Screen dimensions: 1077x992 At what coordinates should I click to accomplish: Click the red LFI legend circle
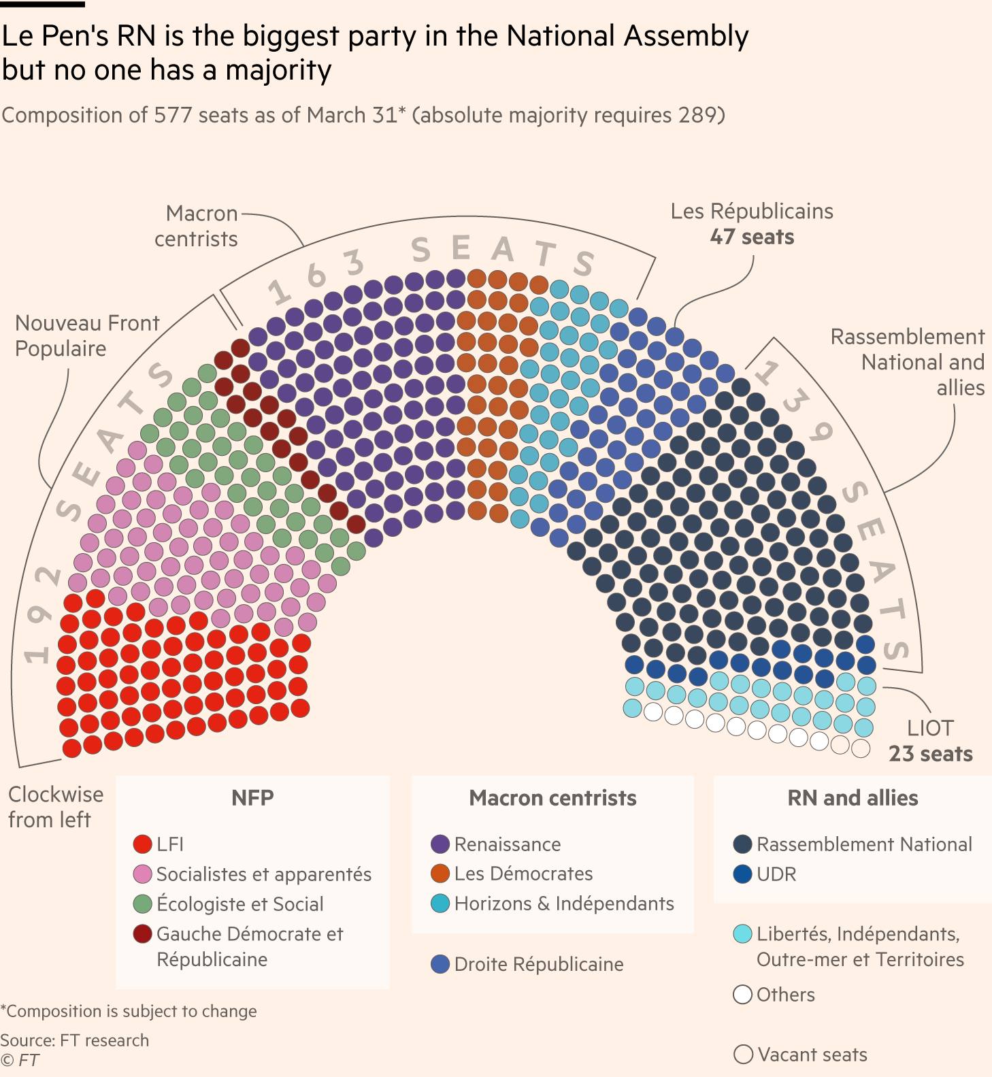[142, 844]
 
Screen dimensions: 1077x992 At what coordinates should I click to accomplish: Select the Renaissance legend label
[507, 844]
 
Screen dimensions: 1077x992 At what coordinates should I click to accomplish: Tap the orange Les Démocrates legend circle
[440, 874]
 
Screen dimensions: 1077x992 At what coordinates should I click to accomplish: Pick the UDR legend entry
[776, 874]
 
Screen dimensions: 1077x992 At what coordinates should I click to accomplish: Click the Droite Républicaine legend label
[538, 964]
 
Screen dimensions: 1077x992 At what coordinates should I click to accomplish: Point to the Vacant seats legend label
[812, 1055]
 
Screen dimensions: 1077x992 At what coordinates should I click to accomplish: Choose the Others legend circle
[742, 995]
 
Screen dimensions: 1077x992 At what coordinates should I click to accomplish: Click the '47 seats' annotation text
[752, 237]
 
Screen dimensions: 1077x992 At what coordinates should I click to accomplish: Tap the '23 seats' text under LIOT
[930, 754]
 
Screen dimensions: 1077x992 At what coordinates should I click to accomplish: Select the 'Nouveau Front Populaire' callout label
[87, 335]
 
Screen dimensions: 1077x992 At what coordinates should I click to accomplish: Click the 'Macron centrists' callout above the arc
[197, 226]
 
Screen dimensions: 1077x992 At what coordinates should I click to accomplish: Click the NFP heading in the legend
[252, 797]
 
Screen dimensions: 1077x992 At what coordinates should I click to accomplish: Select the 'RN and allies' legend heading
[853, 797]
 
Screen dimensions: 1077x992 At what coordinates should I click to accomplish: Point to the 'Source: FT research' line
[75, 1040]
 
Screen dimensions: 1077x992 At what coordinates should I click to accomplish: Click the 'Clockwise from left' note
[55, 807]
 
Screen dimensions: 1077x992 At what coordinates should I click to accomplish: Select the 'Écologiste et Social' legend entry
[239, 904]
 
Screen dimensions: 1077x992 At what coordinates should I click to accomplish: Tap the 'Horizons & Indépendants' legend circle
[440, 904]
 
